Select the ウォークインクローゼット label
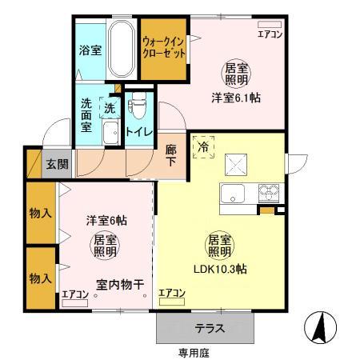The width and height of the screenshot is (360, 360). coord(163,46)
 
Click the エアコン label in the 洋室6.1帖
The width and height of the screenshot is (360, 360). coord(270,34)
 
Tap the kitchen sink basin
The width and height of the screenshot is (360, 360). coord(234,193)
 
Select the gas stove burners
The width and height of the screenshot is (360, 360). coord(268,193)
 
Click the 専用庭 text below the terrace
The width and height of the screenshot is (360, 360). coord(192,351)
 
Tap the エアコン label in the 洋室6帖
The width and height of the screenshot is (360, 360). coord(75,295)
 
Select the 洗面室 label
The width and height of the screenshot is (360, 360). coord(86,114)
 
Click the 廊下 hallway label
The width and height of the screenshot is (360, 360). coord(171,154)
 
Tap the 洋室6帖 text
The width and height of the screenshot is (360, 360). coord(106,220)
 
